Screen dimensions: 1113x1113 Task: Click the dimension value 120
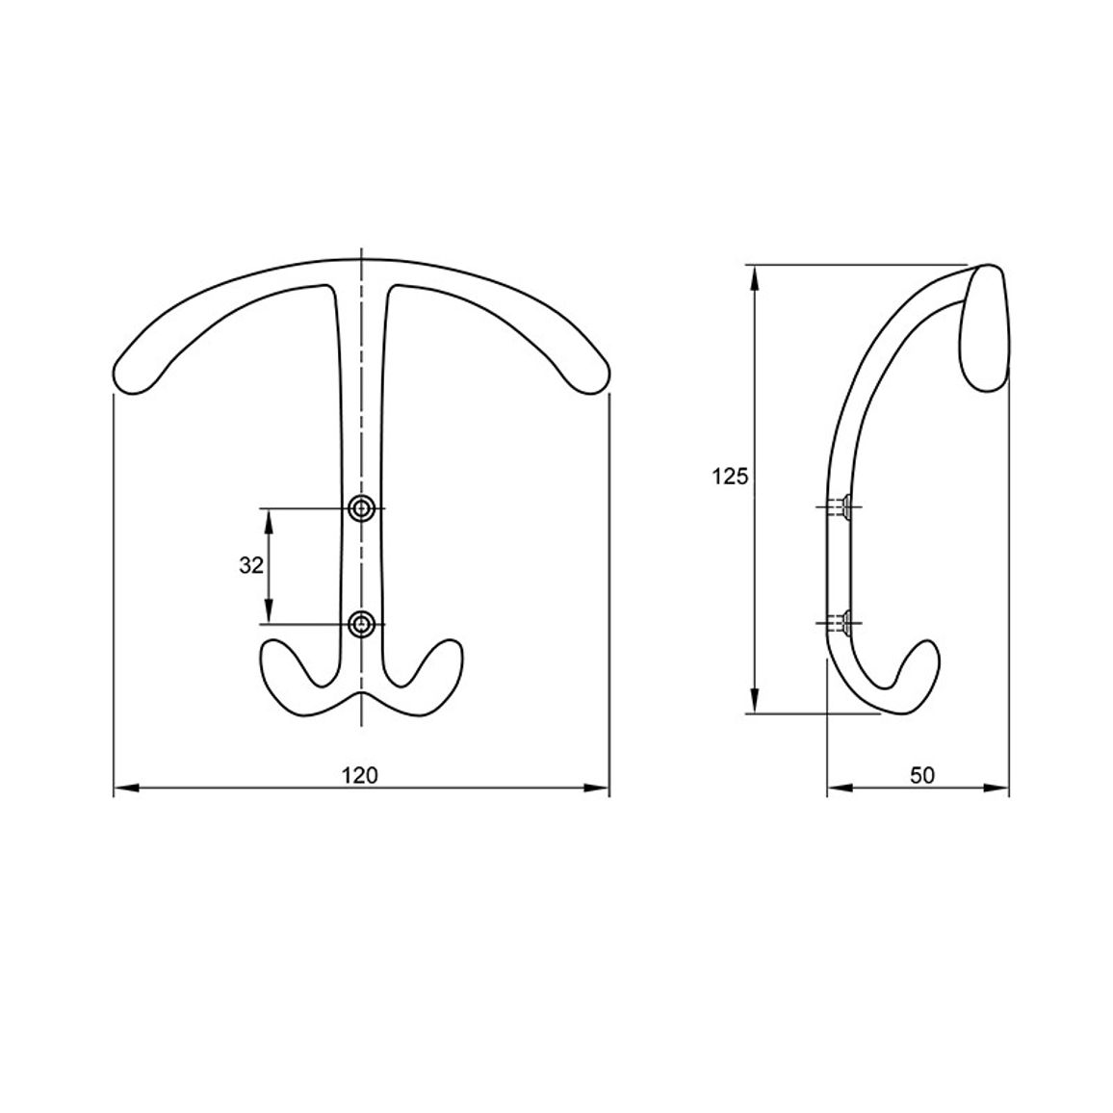coord(360,775)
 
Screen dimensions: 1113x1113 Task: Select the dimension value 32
coord(251,566)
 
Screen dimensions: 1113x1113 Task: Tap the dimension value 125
coord(731,477)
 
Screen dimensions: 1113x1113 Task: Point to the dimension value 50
coord(922,775)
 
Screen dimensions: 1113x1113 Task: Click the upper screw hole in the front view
coord(362,508)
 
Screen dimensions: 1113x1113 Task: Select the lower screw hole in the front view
coord(362,624)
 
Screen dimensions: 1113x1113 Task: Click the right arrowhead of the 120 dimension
coord(596,788)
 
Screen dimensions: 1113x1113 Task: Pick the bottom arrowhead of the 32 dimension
coord(269,610)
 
